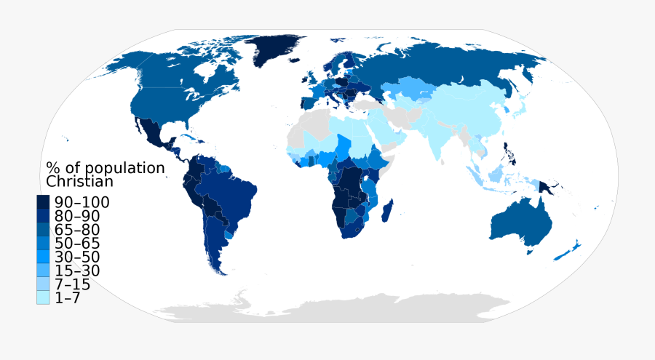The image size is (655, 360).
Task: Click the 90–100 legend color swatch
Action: pos(43,202)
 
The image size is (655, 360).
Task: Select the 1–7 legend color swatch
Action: pos(43,297)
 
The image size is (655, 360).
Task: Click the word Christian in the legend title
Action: pos(79,182)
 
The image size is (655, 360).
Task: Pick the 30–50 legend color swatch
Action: pos(43,257)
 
